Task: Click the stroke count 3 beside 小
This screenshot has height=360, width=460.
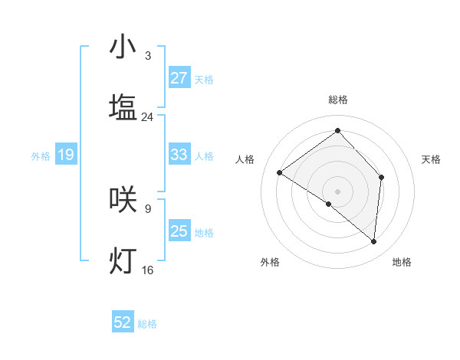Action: [147, 56]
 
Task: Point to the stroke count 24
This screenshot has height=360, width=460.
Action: [147, 117]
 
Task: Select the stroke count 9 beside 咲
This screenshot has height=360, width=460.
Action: [147, 208]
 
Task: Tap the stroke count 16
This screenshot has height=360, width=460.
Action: [147, 270]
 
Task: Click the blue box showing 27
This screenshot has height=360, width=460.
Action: [179, 78]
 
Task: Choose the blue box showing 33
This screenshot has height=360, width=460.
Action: [179, 155]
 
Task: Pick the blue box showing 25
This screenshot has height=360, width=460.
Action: [179, 231]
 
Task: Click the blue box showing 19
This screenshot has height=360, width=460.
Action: [66, 155]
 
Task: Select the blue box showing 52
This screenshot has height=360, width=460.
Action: [123, 323]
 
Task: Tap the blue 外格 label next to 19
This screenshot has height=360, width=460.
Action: [41, 156]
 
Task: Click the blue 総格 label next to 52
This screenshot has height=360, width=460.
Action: [147, 324]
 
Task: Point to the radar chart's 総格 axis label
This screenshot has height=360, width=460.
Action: [337, 100]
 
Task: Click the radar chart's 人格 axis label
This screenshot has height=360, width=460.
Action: [245, 159]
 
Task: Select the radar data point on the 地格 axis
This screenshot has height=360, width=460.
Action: [373, 241]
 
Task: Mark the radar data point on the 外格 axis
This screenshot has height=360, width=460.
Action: [328, 204]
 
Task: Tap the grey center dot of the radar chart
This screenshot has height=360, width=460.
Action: [337, 191]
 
